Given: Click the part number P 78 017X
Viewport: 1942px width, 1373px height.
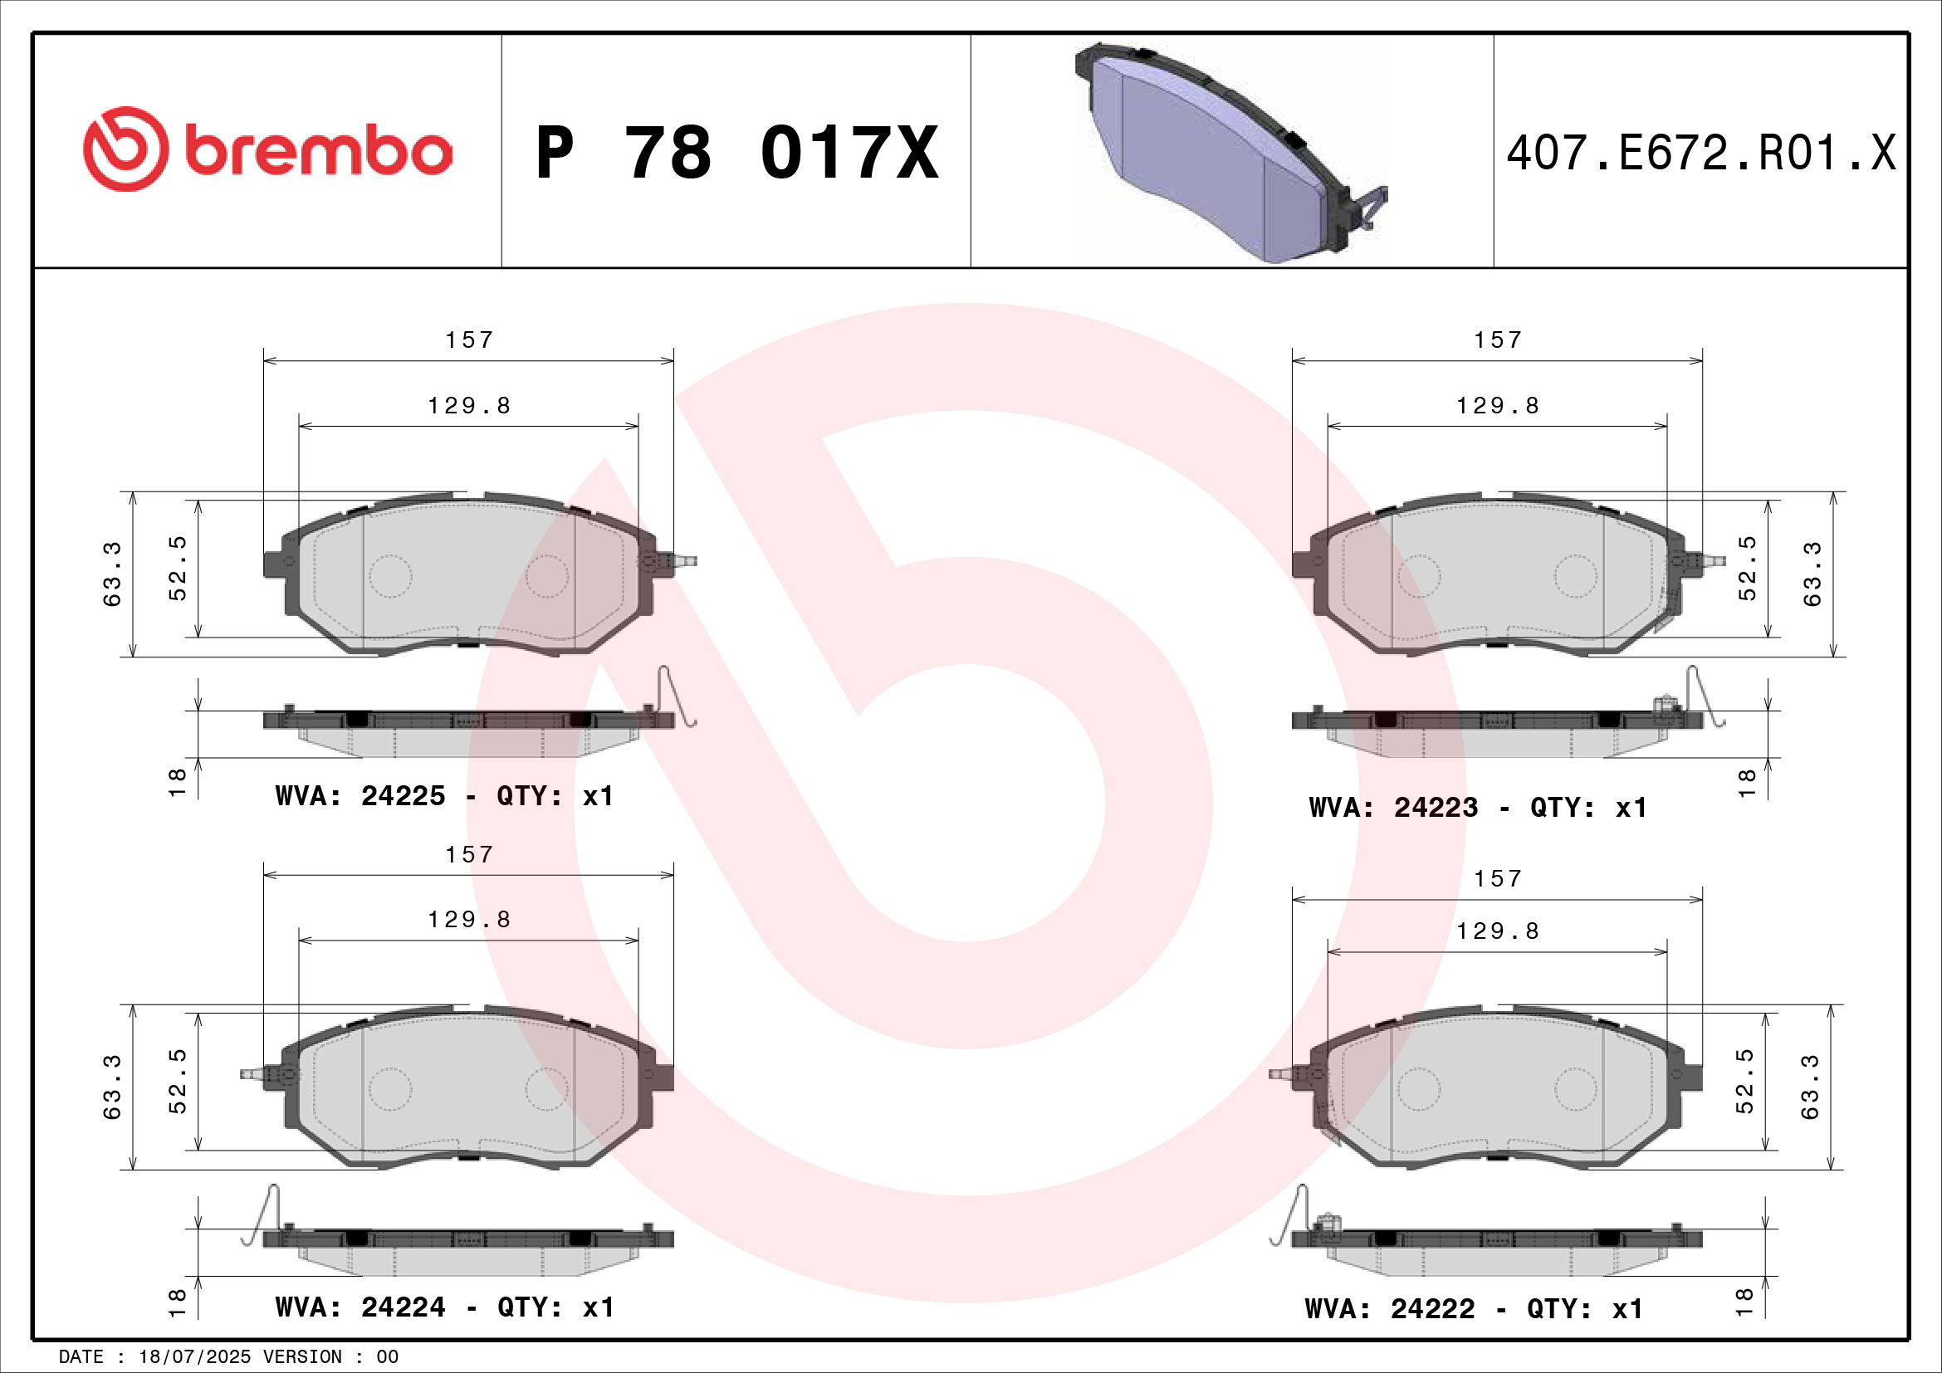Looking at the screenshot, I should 736,153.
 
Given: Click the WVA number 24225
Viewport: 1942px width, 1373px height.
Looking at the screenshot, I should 403,795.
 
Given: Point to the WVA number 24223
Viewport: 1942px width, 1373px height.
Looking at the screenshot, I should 1436,808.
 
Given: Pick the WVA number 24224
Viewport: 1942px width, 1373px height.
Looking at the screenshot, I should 403,1307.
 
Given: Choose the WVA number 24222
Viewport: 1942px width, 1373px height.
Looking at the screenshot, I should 1432,1309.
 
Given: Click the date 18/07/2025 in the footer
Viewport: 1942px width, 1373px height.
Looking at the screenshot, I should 194,1357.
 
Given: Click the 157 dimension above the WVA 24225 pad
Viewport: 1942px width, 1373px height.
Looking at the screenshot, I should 469,340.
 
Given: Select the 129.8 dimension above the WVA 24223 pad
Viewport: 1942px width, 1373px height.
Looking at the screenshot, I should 1497,406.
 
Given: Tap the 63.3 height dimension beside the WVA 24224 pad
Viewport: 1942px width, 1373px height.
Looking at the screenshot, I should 112,1087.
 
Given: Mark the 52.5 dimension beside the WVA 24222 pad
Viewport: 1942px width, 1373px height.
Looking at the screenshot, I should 1744,1082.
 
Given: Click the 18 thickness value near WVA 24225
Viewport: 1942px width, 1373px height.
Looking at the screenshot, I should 178,782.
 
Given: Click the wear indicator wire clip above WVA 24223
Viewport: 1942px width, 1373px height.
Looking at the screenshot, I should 1702,696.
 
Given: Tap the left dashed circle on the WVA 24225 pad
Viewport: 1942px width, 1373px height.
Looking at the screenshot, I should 390,576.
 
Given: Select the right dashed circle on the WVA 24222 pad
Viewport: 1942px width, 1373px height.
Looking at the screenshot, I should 1576,1088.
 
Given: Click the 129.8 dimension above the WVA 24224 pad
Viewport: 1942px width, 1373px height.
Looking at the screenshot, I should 469,920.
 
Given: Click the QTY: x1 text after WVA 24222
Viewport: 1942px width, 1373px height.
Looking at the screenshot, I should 1584,1309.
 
